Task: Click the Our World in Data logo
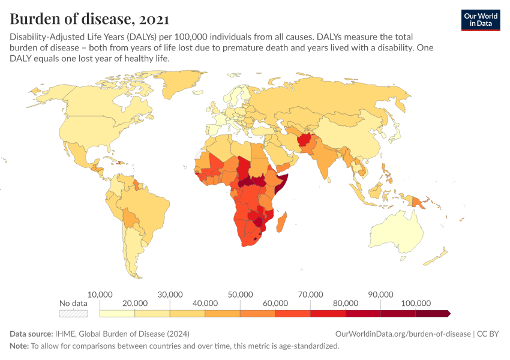[480, 20]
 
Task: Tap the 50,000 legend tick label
[240, 295]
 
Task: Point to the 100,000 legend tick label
[416, 303]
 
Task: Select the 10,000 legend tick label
[100, 295]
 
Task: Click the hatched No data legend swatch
[73, 313]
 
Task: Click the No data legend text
[73, 303]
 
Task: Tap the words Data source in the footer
[31, 334]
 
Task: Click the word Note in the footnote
[19, 346]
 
